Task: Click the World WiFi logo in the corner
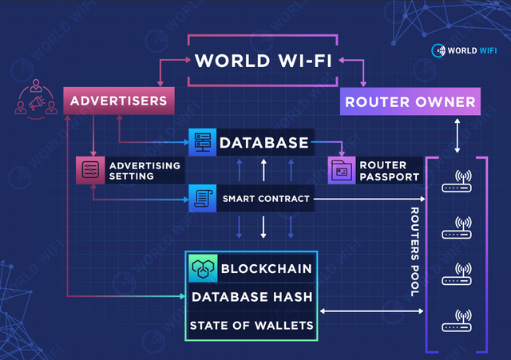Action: click(x=464, y=50)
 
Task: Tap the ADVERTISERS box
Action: click(x=119, y=101)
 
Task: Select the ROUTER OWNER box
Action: click(x=410, y=101)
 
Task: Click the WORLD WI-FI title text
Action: click(x=263, y=61)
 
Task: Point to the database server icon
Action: click(x=202, y=142)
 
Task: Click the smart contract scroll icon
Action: click(x=202, y=199)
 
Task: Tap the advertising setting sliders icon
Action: click(x=90, y=170)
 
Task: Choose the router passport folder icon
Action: click(x=342, y=170)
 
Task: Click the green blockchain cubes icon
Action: click(x=203, y=268)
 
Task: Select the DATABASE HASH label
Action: click(x=252, y=297)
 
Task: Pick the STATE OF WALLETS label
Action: click(x=252, y=326)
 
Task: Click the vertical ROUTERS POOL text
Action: click(x=414, y=251)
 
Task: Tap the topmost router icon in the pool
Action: click(x=457, y=181)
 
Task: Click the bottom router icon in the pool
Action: click(x=457, y=321)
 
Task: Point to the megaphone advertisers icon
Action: click(x=36, y=99)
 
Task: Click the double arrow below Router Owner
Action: click(x=458, y=136)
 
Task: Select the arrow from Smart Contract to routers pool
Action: click(x=370, y=199)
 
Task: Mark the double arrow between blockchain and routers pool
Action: click(x=371, y=311)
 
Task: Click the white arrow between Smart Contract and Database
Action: click(x=263, y=170)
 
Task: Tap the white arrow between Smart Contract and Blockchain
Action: click(x=263, y=227)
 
